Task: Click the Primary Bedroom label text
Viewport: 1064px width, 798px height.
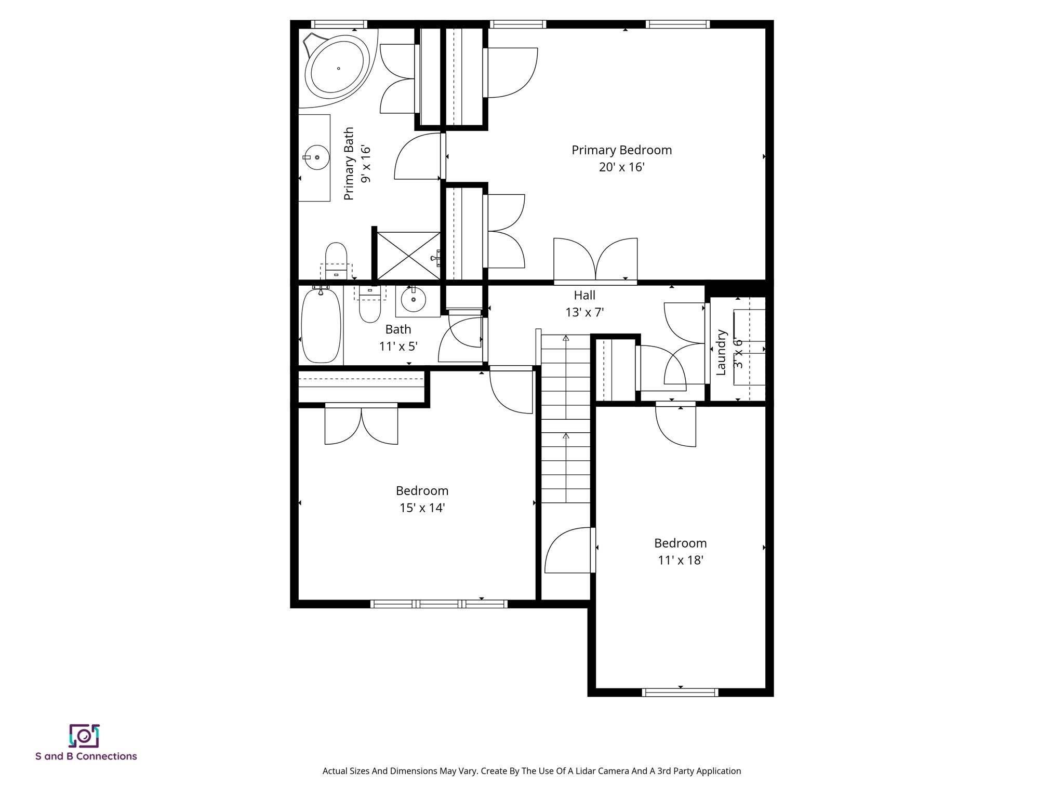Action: coord(621,150)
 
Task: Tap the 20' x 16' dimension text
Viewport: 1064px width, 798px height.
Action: coord(621,167)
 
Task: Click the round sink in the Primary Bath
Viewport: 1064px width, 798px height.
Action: coord(316,157)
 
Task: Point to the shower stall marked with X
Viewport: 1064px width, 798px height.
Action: coord(408,256)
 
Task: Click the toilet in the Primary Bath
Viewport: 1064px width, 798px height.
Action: coord(336,260)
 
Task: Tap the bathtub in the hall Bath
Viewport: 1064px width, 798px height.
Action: coord(321,326)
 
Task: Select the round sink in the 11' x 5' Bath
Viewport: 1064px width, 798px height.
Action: coord(414,300)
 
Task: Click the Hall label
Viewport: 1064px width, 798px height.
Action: coord(584,296)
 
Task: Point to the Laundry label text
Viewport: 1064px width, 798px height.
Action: coord(721,352)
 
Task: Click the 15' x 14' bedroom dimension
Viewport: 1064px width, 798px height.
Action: coord(422,508)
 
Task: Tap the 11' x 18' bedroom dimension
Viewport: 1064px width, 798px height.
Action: coord(680,560)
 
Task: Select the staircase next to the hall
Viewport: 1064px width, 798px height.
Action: coord(566,418)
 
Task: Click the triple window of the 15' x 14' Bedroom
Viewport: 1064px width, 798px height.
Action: coord(439,604)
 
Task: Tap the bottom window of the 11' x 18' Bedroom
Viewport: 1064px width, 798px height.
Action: coord(680,692)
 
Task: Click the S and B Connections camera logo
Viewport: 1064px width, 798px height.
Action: coord(84,736)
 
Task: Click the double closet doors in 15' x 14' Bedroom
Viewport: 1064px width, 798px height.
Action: coord(361,425)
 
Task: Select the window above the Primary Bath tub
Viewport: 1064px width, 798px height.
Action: coord(339,24)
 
